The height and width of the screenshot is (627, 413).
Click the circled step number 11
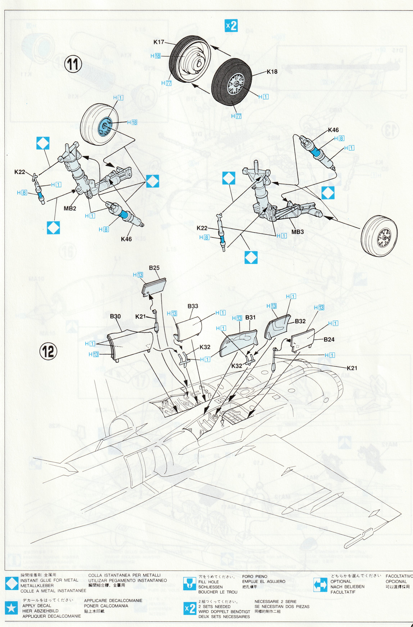click(x=73, y=64)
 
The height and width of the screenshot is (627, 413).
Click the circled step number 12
click(x=48, y=352)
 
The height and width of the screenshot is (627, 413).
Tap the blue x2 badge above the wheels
click(x=231, y=26)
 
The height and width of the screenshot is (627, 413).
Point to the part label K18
click(x=272, y=72)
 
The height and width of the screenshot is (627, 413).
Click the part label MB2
click(x=70, y=208)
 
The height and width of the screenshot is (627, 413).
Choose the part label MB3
click(x=297, y=232)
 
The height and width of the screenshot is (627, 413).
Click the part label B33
click(x=193, y=306)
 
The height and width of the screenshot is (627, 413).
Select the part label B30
click(x=115, y=316)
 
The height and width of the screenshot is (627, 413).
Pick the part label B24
click(x=329, y=340)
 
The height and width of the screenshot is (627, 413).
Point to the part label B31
click(x=250, y=317)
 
